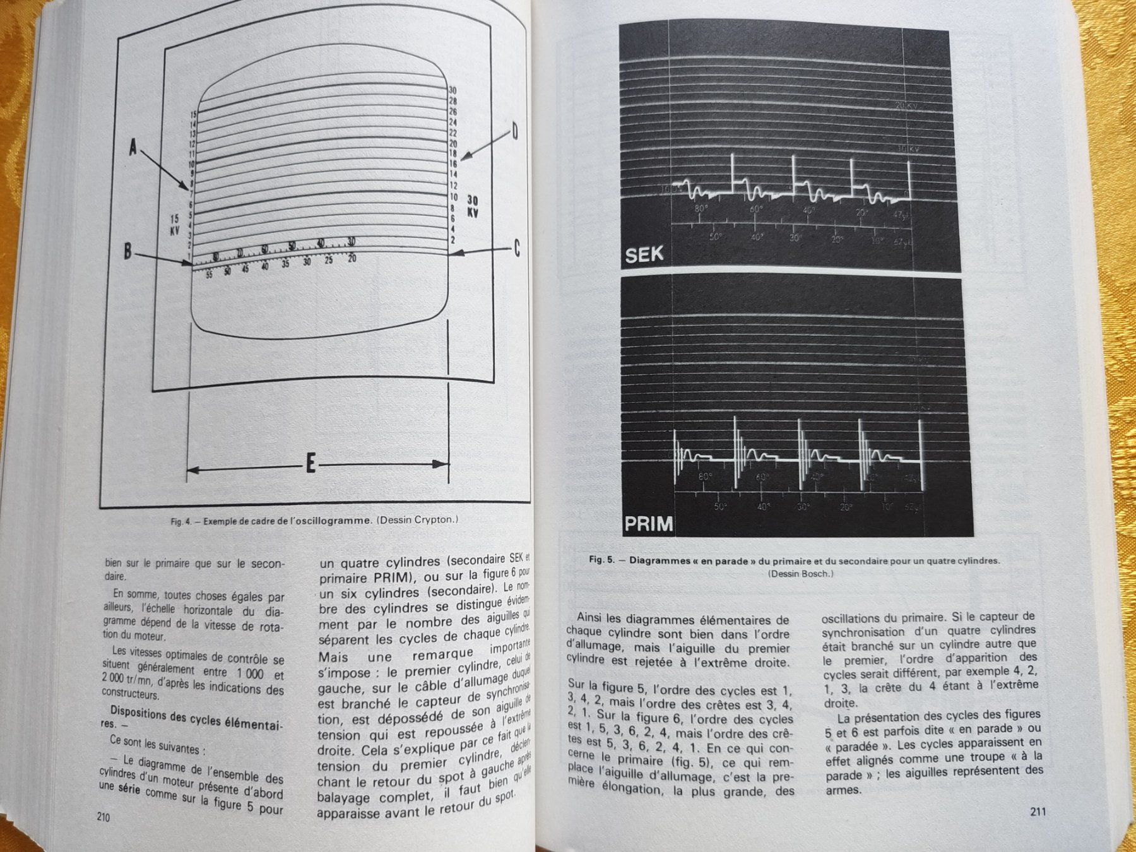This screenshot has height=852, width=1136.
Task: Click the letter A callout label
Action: click(x=133, y=148)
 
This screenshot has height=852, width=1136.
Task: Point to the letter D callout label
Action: click(x=514, y=132)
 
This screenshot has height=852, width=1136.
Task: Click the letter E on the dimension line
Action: click(x=310, y=465)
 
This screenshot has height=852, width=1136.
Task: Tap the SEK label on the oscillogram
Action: click(x=644, y=254)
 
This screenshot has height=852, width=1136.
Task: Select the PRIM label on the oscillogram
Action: click(x=648, y=524)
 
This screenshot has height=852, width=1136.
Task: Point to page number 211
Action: click(x=1037, y=812)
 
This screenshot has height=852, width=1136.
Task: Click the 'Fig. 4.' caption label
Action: click(x=180, y=521)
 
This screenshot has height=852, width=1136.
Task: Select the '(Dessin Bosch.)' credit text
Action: click(x=800, y=573)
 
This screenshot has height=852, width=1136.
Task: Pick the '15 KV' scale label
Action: click(x=175, y=224)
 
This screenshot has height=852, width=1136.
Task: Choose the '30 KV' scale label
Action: click(x=472, y=206)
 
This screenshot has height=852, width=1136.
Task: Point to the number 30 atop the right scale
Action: click(x=453, y=90)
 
